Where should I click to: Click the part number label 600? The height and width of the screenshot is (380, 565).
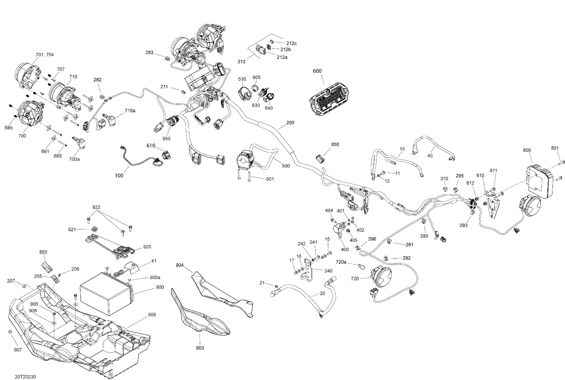coord(317,71)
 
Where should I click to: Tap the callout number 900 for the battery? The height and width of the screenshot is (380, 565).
coord(160,287)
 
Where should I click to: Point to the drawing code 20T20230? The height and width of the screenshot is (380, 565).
coord(26,377)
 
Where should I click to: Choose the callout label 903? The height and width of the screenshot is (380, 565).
coord(200,348)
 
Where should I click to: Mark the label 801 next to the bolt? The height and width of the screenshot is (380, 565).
coord(555,148)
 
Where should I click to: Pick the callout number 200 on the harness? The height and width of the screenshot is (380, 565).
coord(290,123)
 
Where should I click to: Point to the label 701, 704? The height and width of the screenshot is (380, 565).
coord(44,55)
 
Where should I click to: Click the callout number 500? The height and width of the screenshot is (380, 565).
coord(286,166)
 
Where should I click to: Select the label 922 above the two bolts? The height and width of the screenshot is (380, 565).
coord(97,207)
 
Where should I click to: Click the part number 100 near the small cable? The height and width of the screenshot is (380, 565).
coord(119,175)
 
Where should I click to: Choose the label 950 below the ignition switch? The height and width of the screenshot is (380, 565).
coord(166,138)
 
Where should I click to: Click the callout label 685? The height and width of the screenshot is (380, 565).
coord(8,128)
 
